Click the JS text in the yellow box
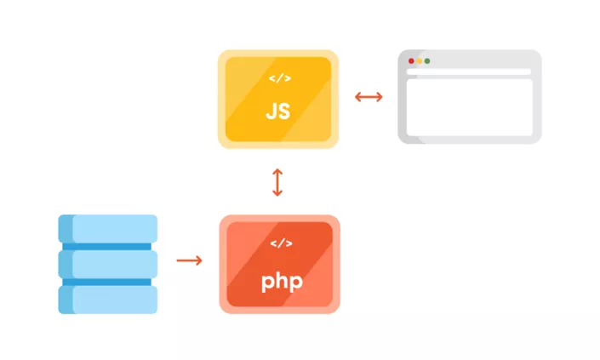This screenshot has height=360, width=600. point(278,111)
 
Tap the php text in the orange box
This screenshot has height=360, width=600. point(280,280)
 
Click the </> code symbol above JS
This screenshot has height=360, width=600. point(279,79)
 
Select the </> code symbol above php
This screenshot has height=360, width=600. point(280,244)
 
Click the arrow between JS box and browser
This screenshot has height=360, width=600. point(369,96)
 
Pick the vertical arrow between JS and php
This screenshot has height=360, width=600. point(277,183)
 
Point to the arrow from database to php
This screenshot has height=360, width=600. point(189,260)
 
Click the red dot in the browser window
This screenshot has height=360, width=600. point(412,61)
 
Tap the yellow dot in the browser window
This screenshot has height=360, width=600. point(420,61)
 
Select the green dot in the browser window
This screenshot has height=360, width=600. point(427,61)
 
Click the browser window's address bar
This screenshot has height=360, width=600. point(469,72)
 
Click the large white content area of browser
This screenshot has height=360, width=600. point(469,108)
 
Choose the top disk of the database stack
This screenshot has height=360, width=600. point(108,228)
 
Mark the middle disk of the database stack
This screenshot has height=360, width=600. point(108,264)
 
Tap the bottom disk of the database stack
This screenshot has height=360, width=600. point(108,300)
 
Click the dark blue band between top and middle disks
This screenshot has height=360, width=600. point(108,246)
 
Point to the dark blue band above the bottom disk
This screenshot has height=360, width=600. point(108,282)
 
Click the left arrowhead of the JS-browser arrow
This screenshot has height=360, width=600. point(357,96)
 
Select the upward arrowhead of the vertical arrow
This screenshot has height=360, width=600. point(277,171)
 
